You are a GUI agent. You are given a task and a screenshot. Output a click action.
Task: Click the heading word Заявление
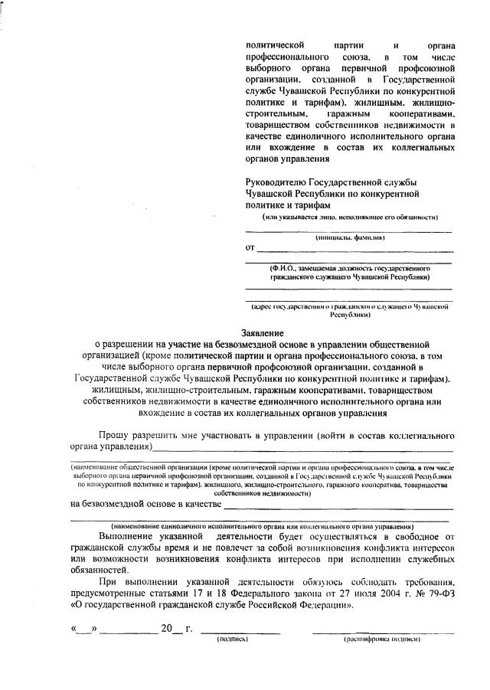263,333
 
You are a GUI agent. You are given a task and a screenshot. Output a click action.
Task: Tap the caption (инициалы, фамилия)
350,238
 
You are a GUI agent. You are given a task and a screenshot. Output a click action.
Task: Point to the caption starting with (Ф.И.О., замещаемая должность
348,273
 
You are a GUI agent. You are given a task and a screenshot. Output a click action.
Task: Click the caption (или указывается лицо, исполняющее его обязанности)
350,217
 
